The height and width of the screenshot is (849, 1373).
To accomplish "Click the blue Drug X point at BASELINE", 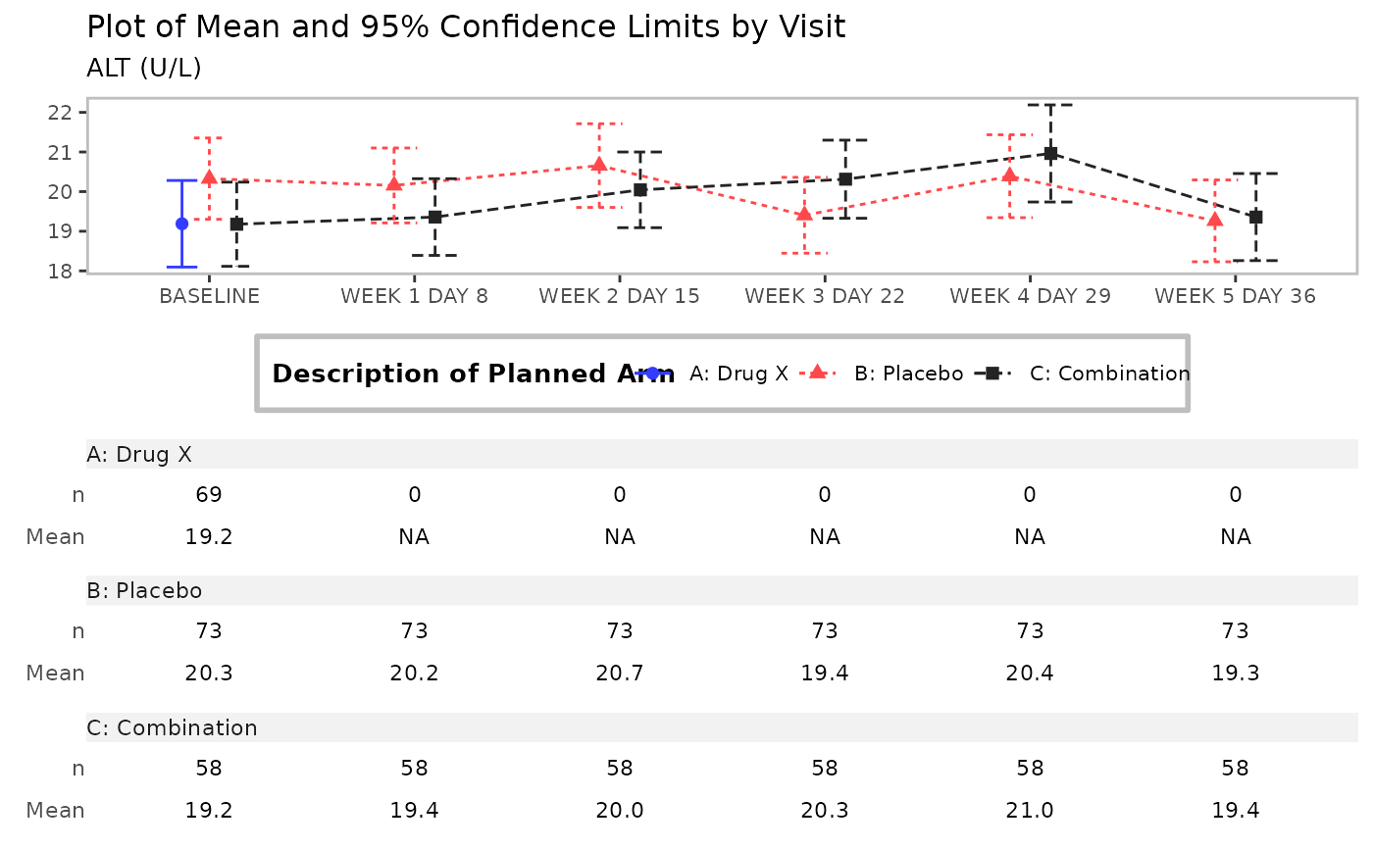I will [181, 224].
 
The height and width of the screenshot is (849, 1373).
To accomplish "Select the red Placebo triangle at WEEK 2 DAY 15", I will [599, 165].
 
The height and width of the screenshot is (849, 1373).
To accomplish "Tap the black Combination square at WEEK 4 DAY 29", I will [1050, 153].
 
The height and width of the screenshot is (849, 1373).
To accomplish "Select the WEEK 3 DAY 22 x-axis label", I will [825, 296].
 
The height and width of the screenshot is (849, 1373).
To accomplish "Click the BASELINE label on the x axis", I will [210, 296].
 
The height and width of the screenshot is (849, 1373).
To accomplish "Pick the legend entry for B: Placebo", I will [908, 374].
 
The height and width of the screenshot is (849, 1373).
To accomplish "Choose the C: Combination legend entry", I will [1109, 374].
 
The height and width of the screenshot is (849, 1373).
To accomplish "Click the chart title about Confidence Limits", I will [466, 27].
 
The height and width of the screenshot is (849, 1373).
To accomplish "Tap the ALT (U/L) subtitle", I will [144, 68].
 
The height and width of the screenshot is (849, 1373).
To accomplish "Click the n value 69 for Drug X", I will [209, 494].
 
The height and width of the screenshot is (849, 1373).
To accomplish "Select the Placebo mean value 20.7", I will [620, 673].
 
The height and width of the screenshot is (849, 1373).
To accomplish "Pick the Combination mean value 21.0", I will [1030, 810].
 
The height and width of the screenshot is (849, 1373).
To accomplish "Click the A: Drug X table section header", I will [139, 454].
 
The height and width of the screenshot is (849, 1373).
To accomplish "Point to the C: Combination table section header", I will [172, 727].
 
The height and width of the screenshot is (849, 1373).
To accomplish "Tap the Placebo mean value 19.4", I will [825, 673].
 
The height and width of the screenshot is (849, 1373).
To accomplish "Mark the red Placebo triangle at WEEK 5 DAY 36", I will [1215, 220].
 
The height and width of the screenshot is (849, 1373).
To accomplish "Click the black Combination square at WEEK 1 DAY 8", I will [434, 217].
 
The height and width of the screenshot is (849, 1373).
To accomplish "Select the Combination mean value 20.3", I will [825, 810].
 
